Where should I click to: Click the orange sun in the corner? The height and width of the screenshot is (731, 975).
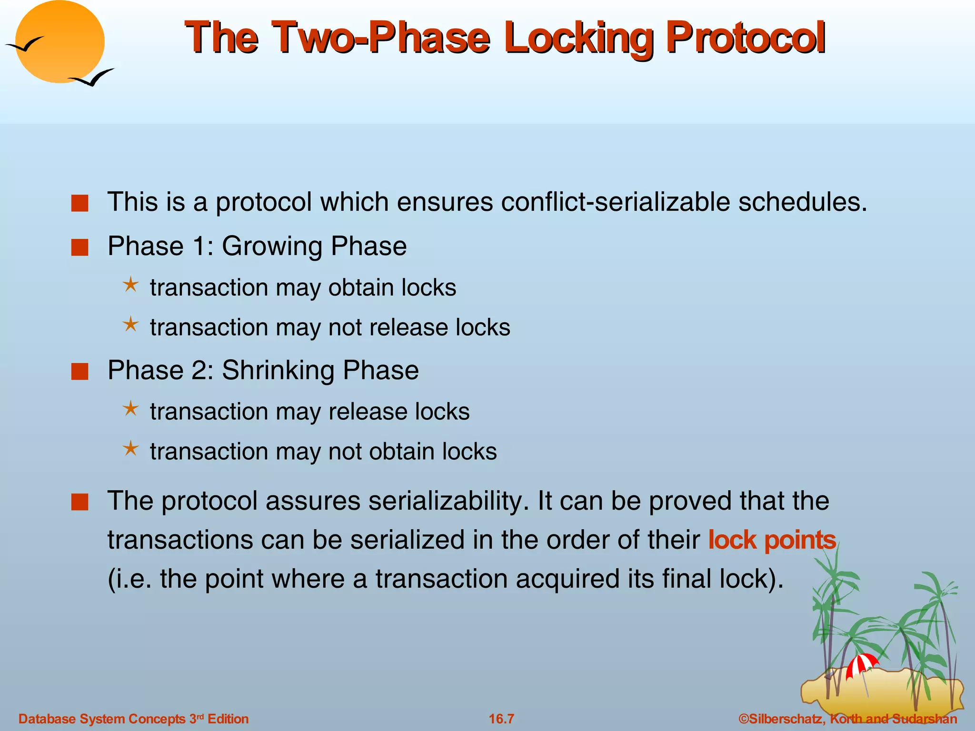coord(60,42)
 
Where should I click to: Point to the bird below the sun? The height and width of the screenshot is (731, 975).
coord(92,78)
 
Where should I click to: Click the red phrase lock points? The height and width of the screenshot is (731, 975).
coord(772,540)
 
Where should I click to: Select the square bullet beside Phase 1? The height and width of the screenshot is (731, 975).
coord(80,247)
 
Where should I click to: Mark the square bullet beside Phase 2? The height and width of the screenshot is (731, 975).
coord(80,371)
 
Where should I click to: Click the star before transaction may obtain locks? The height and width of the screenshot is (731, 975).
coord(130,286)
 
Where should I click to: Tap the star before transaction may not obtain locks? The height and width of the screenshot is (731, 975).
coord(130,449)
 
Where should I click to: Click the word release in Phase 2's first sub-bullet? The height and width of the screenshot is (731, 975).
coord(363,412)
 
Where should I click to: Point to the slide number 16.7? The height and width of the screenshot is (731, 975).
coord(501,719)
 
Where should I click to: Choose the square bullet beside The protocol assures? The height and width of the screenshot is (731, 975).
coord(80,502)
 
